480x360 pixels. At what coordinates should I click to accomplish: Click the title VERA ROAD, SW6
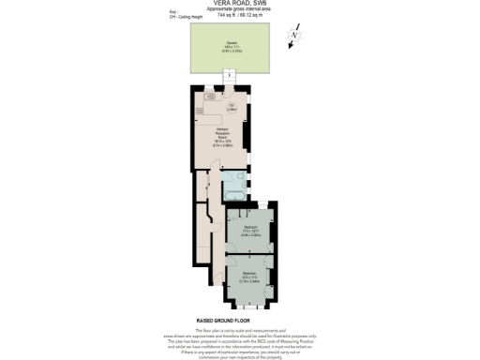click(x=239, y=5)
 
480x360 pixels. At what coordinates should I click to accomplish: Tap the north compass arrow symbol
click(x=294, y=36)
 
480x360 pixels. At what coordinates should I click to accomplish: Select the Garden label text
click(x=230, y=44)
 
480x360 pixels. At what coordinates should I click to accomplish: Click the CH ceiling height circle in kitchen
click(x=230, y=106)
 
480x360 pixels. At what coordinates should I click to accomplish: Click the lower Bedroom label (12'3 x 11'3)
click(x=249, y=277)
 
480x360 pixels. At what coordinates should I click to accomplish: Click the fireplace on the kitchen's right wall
click(x=247, y=131)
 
